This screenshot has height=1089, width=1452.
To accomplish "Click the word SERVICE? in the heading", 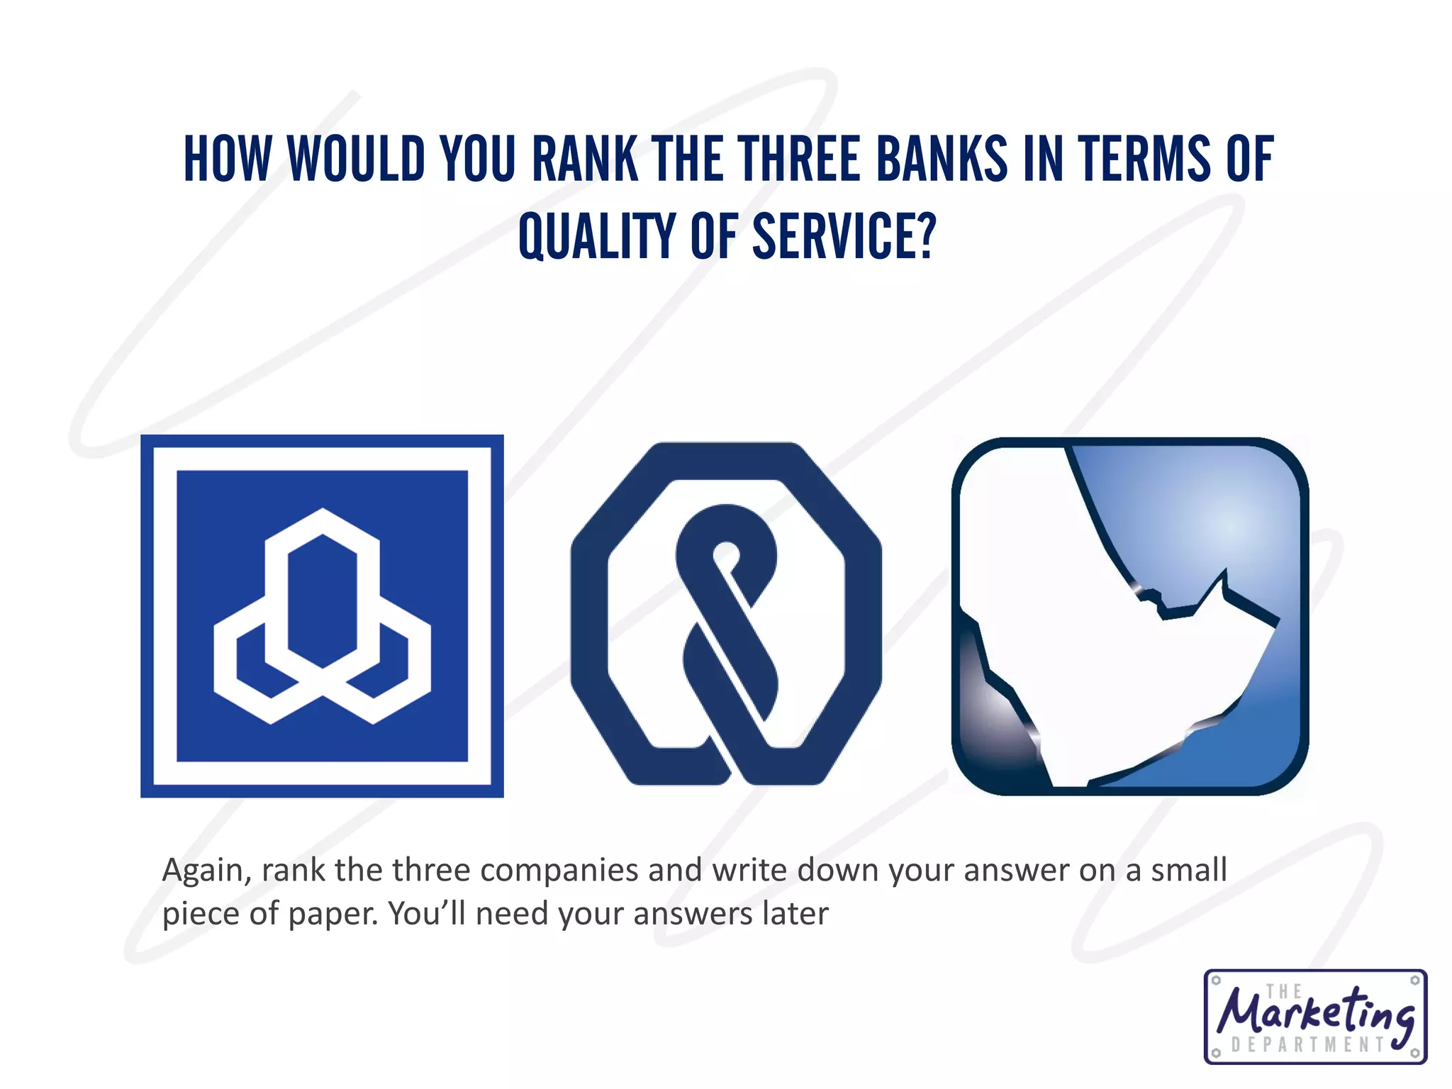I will (844, 236).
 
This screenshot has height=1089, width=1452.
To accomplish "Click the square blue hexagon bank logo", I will (322, 616).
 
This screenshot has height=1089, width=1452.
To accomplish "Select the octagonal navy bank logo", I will (726, 614).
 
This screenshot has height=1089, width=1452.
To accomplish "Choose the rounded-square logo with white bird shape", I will (1129, 616).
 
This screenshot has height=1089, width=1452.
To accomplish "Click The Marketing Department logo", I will (1315, 1017).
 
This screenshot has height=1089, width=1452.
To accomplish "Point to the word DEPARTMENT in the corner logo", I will (1309, 1044).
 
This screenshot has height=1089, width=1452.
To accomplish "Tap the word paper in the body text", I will (333, 914).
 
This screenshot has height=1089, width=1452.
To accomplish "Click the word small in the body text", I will (1188, 871).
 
